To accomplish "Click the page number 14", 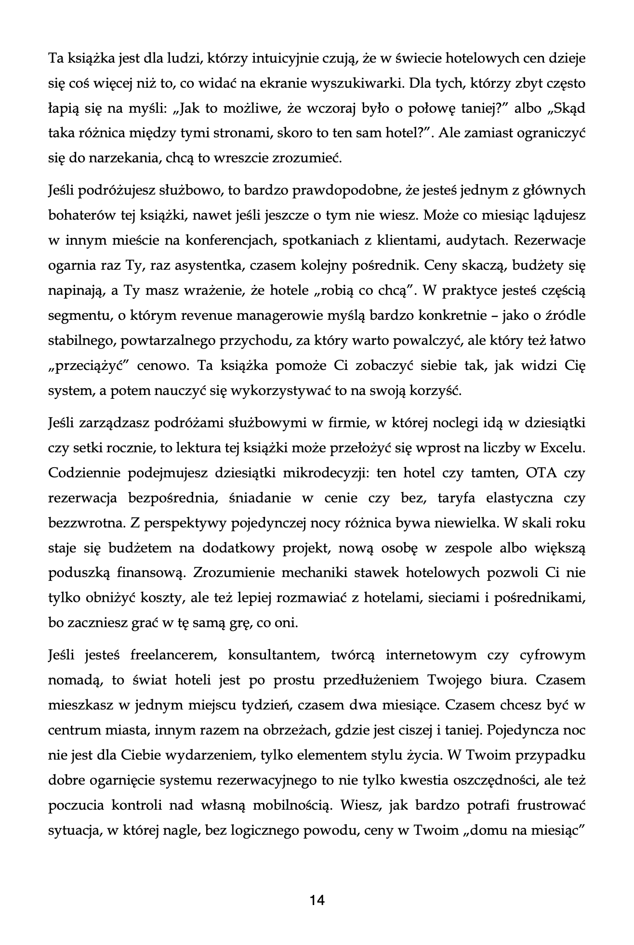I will [x=317, y=899].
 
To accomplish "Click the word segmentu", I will [x=77, y=315].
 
